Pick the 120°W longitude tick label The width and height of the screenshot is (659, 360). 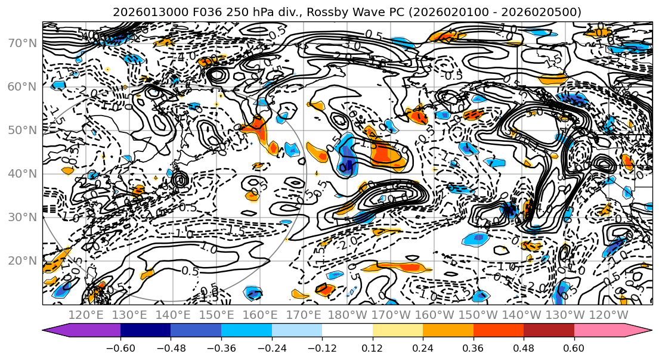click(608, 315)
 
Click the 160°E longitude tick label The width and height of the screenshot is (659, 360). click(260, 315)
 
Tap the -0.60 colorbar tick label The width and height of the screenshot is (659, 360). click(120, 346)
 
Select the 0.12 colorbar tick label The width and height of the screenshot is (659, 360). click(373, 346)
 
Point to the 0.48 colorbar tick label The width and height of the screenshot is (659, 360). click(524, 346)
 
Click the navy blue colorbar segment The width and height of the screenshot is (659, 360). click(146, 330)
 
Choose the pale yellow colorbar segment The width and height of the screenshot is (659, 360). click(398, 330)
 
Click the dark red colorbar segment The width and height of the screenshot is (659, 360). click(549, 330)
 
